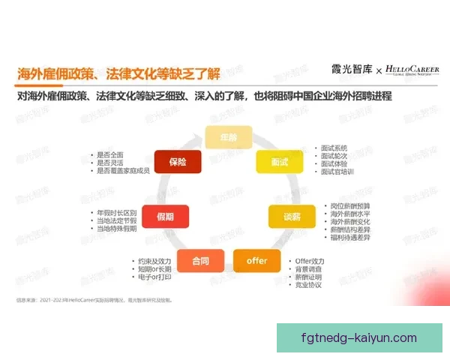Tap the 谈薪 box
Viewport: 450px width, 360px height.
pyautogui.click(x=291, y=216)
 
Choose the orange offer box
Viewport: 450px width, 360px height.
pyautogui.click(x=255, y=260)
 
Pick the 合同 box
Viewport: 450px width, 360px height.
pyautogui.click(x=200, y=260)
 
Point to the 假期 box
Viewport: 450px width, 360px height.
pyautogui.click(x=165, y=216)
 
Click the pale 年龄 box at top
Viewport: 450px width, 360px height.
pyautogui.click(x=227, y=136)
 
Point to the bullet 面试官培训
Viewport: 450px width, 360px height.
pyautogui.click(x=336, y=172)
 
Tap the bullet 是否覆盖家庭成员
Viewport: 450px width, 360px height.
pyautogui.click(x=124, y=171)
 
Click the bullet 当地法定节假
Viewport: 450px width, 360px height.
pyautogui.click(x=117, y=221)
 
